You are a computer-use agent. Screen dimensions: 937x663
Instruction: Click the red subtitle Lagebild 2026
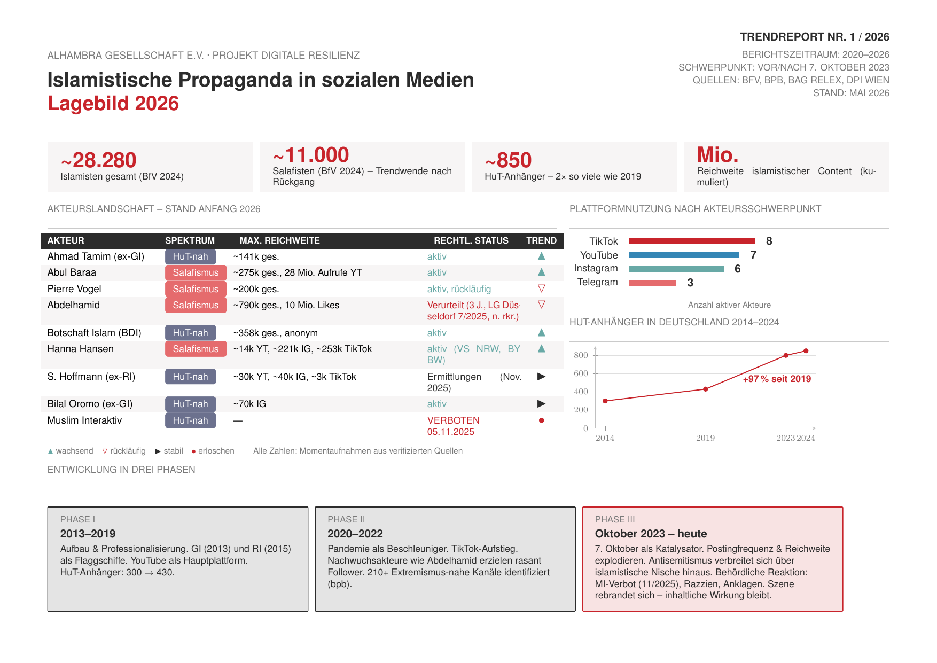(x=113, y=104)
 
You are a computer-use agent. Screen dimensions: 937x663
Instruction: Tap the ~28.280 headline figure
(x=99, y=160)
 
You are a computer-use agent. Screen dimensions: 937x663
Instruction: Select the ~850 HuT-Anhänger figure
(x=509, y=160)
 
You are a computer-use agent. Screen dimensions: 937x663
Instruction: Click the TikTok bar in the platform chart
(x=692, y=241)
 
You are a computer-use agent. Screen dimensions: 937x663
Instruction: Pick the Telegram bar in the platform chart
(x=653, y=283)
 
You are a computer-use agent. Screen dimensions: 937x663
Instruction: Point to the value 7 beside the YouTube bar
(x=753, y=255)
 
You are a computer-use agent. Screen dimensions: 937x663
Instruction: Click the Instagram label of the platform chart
(x=596, y=268)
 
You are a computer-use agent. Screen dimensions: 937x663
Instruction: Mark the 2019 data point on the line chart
(x=706, y=389)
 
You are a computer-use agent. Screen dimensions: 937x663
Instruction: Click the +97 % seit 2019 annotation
(x=777, y=379)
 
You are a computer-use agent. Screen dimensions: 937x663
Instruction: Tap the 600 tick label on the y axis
(x=581, y=373)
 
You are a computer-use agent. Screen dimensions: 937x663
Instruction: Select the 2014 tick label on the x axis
(x=605, y=438)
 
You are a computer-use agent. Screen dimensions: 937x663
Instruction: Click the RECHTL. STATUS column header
(x=471, y=241)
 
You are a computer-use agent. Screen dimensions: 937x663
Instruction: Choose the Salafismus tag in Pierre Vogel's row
(x=196, y=289)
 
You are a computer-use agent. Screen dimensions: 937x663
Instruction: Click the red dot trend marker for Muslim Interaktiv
(x=541, y=420)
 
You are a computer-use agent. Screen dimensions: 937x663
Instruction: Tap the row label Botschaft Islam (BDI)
(x=94, y=333)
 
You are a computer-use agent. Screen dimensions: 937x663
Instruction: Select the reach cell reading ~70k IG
(x=249, y=404)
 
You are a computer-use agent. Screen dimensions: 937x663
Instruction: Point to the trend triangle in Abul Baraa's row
(x=541, y=272)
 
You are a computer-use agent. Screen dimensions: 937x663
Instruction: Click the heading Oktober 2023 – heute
(x=651, y=534)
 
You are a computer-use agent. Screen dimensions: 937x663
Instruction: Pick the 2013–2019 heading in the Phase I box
(x=88, y=534)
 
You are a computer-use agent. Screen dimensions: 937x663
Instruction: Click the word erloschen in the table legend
(x=216, y=451)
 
